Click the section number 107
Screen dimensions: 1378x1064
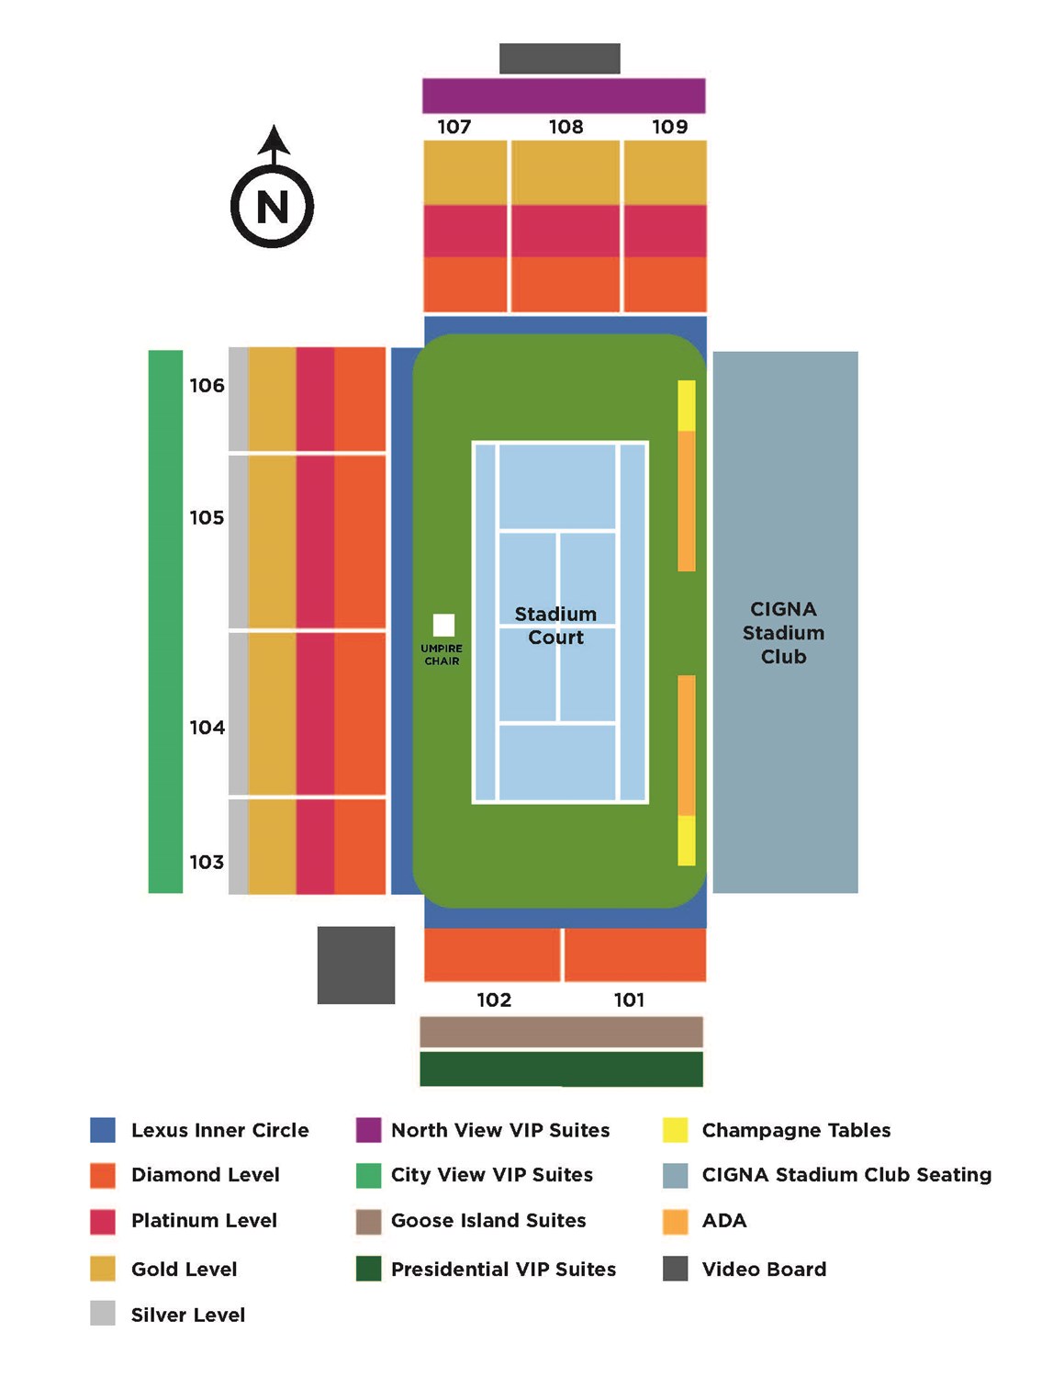click(x=454, y=127)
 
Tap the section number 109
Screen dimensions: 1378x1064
click(x=669, y=127)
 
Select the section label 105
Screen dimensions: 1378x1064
click(x=207, y=518)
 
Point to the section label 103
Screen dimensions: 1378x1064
click(x=207, y=863)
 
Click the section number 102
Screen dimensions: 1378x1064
click(x=494, y=1000)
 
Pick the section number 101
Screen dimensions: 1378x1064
click(x=629, y=1000)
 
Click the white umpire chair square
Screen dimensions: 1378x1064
click(x=443, y=626)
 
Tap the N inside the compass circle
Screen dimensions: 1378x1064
click(x=273, y=207)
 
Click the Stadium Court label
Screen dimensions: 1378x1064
click(x=555, y=626)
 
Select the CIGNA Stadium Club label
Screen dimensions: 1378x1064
click(x=783, y=633)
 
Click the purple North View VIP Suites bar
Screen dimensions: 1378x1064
click(x=564, y=96)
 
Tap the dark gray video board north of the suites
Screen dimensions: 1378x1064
click(x=559, y=58)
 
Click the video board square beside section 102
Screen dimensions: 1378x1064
click(x=356, y=965)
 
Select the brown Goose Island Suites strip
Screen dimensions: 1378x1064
click(x=561, y=1032)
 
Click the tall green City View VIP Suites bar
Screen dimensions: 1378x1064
click(x=165, y=621)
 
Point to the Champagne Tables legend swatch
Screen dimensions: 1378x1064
click(x=676, y=1130)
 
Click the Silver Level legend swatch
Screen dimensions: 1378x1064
click(x=103, y=1314)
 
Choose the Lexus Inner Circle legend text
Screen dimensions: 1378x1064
click(x=219, y=1131)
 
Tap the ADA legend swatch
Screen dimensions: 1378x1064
click(x=676, y=1221)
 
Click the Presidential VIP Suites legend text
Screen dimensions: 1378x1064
click(x=503, y=1270)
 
